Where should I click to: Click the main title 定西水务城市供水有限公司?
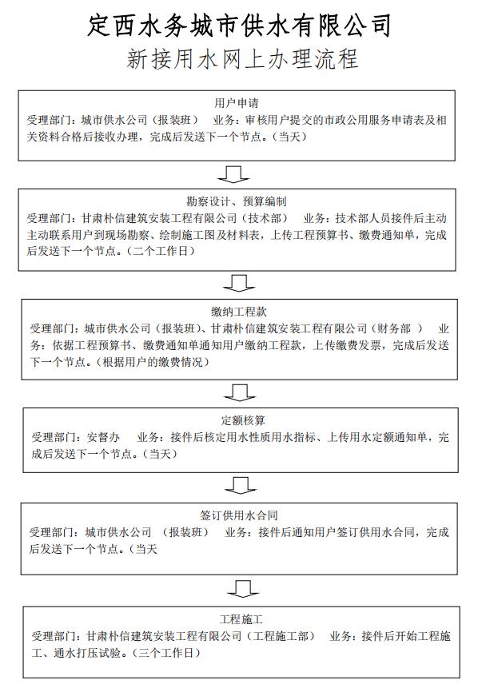[239, 25]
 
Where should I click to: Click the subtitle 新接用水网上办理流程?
[242, 59]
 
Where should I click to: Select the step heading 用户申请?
[237, 103]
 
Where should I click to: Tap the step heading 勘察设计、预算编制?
[237, 201]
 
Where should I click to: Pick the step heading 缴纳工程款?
[239, 312]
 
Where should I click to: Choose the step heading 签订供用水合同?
[239, 515]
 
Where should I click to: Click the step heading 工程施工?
[241, 618]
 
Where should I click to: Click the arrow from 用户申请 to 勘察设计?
[233, 174]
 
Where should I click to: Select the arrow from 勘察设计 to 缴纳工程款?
[239, 283]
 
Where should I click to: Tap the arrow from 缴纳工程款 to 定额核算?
[240, 392]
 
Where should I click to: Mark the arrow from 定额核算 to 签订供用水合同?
[241, 485]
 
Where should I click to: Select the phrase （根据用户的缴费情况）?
[153, 362]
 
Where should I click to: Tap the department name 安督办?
[103, 437]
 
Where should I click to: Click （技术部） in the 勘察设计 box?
[265, 218]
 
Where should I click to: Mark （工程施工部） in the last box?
[281, 636]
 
